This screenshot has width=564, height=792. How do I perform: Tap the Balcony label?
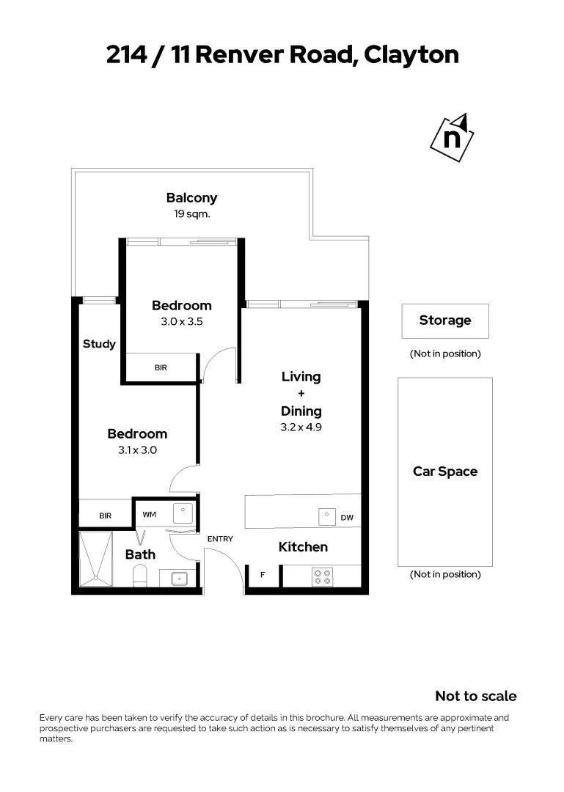click(x=191, y=198)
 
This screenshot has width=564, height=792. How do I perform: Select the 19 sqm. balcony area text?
click(x=191, y=215)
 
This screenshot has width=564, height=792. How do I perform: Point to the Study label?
click(x=99, y=344)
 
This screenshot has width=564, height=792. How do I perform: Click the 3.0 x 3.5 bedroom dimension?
click(x=181, y=321)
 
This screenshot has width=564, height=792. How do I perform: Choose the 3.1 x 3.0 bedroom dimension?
click(x=137, y=450)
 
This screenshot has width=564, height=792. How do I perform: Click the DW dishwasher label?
click(x=347, y=518)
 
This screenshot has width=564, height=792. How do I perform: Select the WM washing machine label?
click(x=150, y=515)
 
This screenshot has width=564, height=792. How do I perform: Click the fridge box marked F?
click(x=263, y=576)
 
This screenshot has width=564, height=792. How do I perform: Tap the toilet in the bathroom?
click(x=139, y=578)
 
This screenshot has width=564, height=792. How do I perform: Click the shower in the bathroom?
click(x=95, y=559)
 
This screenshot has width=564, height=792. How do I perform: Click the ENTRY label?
click(x=220, y=539)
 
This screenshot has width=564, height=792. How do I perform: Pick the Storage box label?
click(x=444, y=320)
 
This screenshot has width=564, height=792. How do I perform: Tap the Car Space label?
click(x=444, y=472)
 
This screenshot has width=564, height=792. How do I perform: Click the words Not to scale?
click(x=475, y=696)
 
